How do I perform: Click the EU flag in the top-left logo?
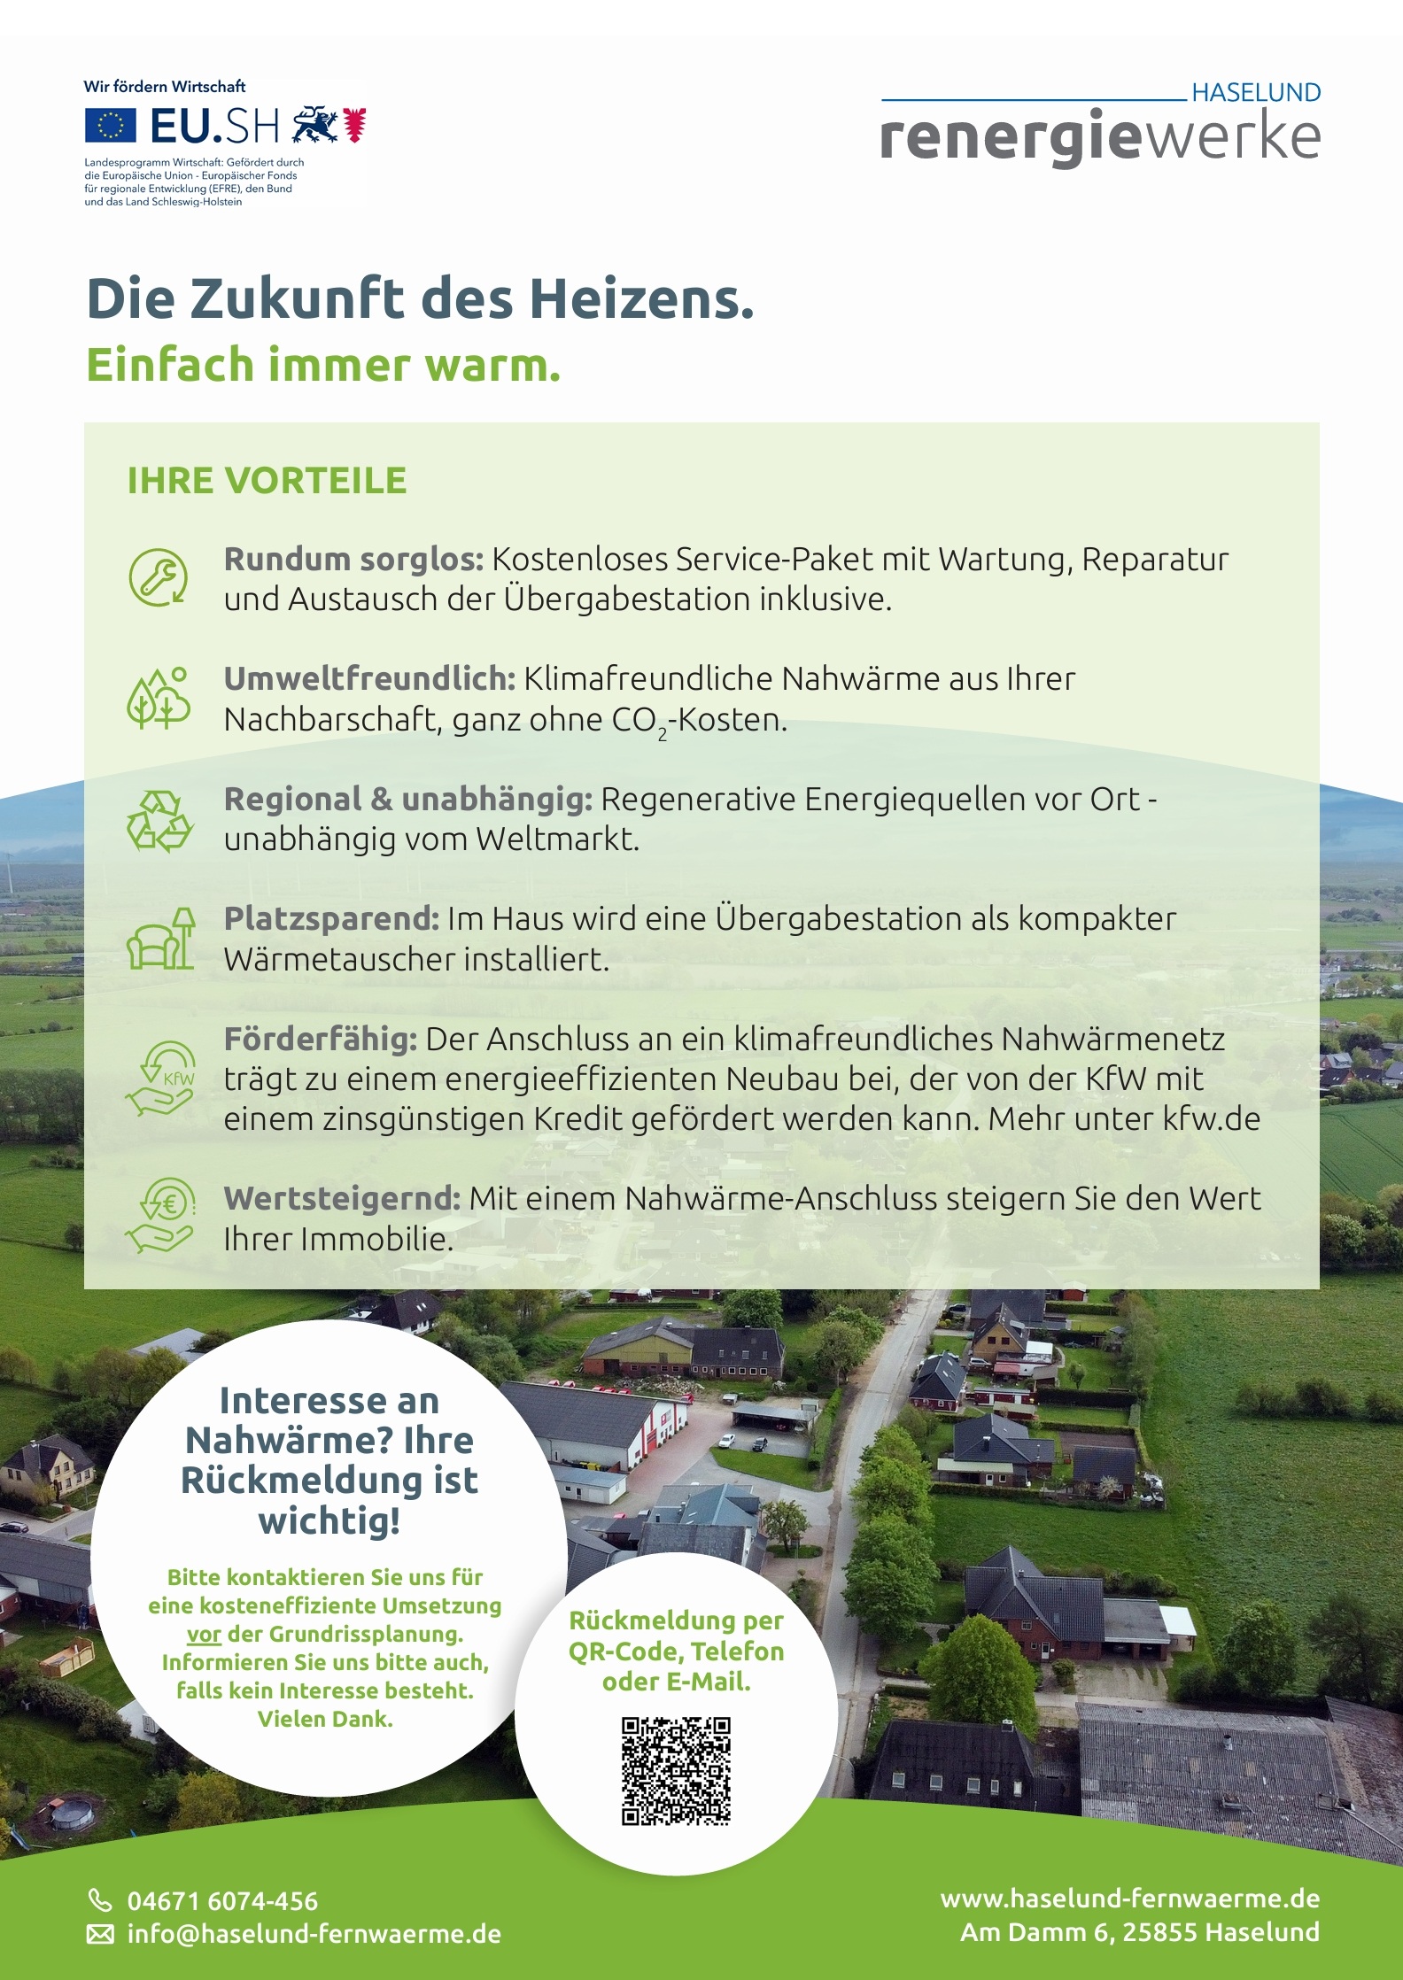[111, 126]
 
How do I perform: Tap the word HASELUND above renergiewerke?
[1255, 93]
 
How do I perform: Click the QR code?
[676, 1771]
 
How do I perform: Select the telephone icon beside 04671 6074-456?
[100, 1900]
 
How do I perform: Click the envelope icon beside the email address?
[100, 1934]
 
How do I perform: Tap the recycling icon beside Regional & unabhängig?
[159, 820]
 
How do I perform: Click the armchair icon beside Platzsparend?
[160, 940]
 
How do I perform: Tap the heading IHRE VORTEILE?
[267, 481]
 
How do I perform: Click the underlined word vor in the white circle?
[204, 1634]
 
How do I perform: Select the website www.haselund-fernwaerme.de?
[1130, 1899]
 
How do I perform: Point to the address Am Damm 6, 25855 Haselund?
[1140, 1932]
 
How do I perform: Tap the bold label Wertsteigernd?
[342, 1198]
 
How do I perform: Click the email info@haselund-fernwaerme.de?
[314, 1934]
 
